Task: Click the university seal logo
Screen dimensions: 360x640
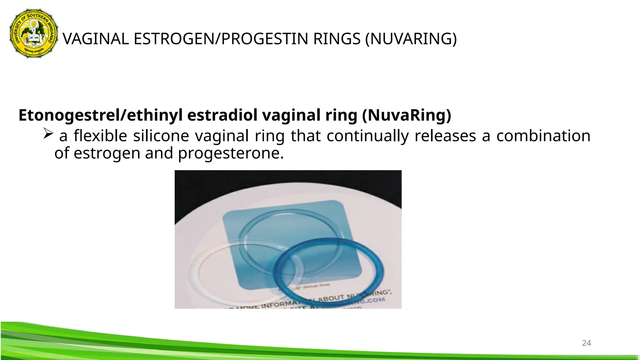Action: (x=34, y=33)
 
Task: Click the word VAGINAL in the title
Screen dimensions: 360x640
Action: (x=96, y=39)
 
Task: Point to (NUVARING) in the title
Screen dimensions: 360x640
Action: (x=411, y=39)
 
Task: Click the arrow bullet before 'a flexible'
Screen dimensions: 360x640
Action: (x=48, y=133)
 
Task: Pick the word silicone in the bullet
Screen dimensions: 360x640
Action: (x=161, y=136)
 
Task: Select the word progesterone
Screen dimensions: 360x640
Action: (x=231, y=153)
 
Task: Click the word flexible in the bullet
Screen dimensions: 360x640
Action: (x=100, y=136)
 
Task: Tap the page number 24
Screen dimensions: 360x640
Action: (x=586, y=343)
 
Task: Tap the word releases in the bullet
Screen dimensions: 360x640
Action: (x=445, y=136)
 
